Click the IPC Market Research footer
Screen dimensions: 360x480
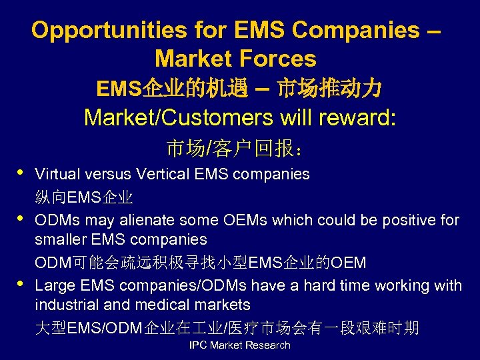click(x=240, y=345)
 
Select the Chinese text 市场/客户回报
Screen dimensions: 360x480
click(x=237, y=148)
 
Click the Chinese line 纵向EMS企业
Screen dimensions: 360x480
click(x=84, y=197)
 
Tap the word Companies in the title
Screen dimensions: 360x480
click(x=355, y=30)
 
